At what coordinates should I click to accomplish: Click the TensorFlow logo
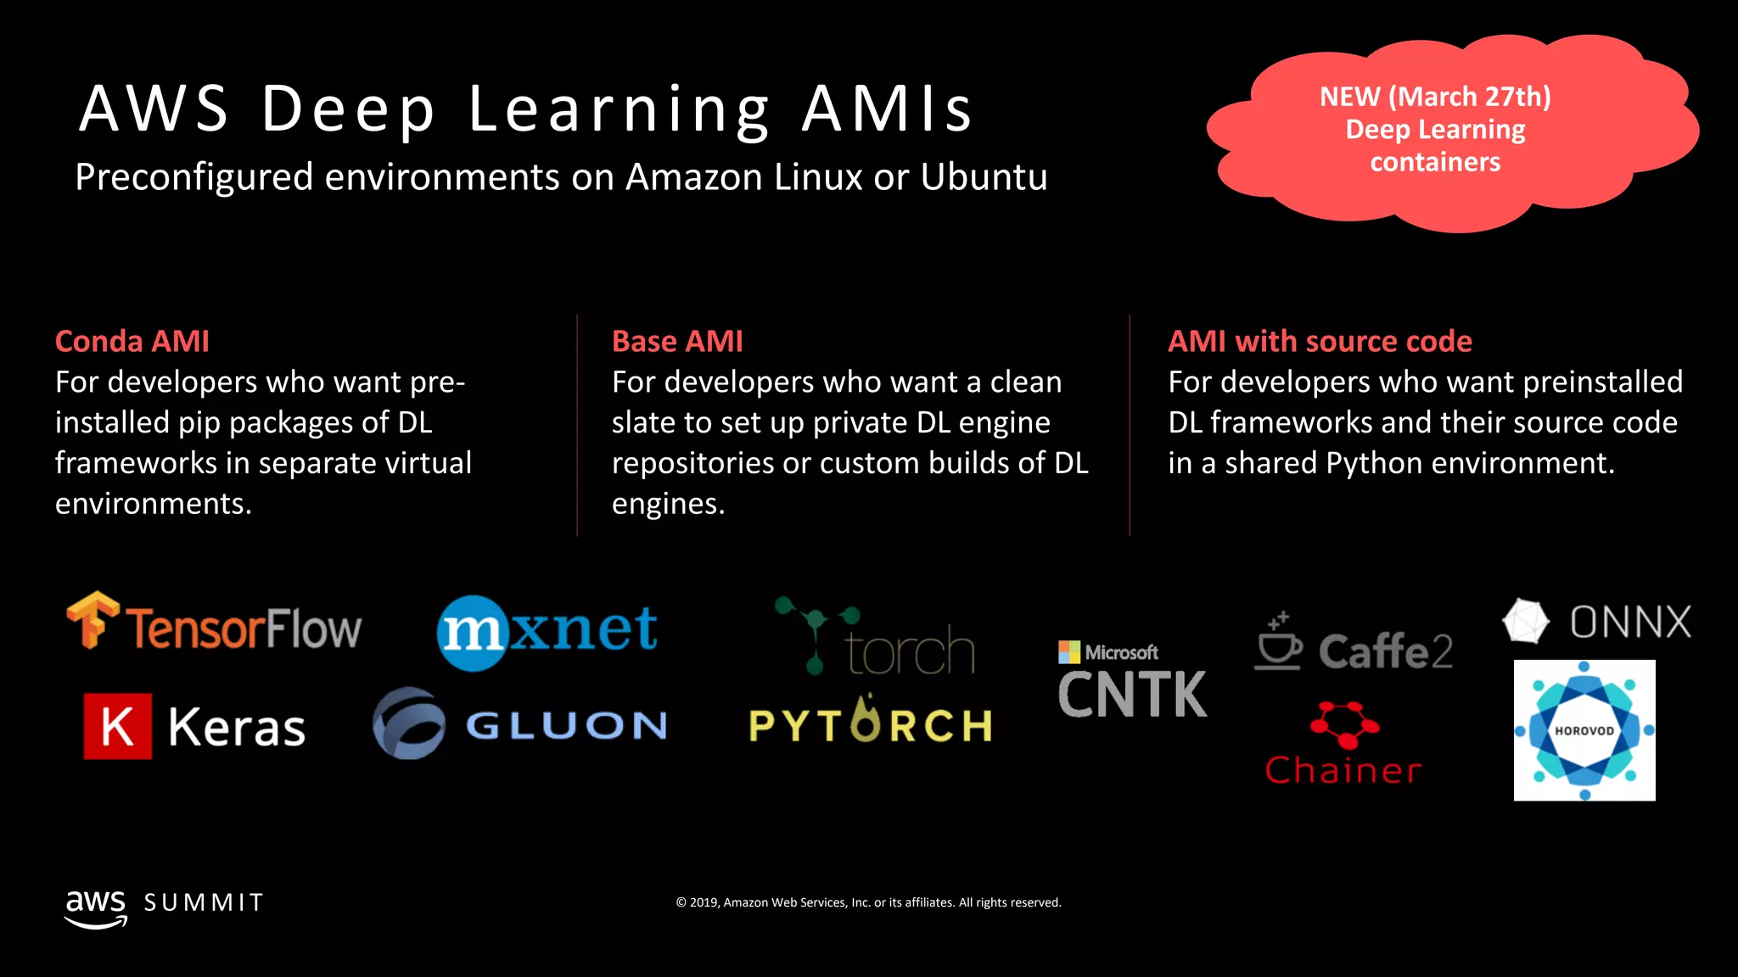(214, 626)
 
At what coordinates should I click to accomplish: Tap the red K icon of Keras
(118, 726)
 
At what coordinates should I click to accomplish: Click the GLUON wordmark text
(566, 726)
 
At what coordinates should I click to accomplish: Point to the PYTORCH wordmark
(871, 724)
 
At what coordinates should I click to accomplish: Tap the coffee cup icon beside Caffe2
(1278, 642)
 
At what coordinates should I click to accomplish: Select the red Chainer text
(1343, 770)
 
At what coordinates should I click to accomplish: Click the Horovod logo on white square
(1584, 730)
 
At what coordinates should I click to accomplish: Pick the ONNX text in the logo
(1629, 622)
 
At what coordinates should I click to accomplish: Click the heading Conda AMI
(132, 341)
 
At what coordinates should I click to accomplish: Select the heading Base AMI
(677, 341)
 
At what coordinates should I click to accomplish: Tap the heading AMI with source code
(1320, 341)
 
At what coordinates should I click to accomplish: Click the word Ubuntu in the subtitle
(984, 177)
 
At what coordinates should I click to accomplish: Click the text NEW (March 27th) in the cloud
(1435, 97)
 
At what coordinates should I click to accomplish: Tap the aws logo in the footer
(96, 907)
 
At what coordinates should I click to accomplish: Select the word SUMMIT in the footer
(204, 902)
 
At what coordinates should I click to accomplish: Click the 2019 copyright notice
(868, 902)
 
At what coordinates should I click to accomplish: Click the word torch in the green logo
(910, 651)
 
